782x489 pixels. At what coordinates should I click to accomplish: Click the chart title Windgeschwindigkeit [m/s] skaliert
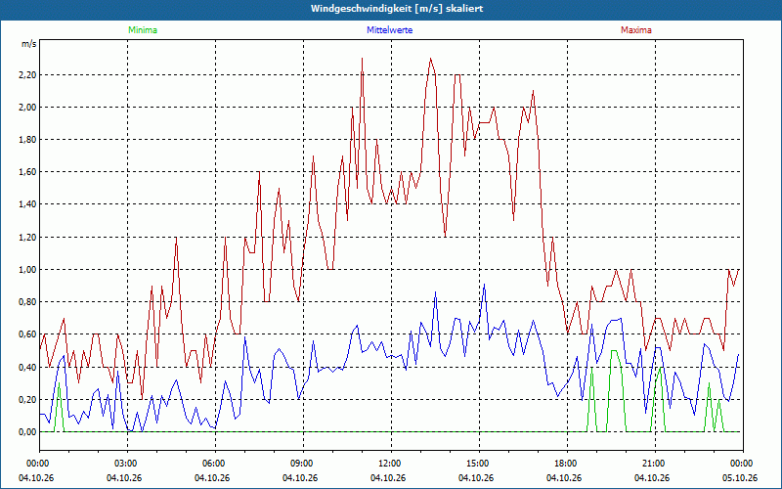tap(397, 9)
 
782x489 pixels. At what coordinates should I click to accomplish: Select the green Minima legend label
tap(143, 30)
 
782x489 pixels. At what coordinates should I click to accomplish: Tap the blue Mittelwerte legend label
tap(389, 30)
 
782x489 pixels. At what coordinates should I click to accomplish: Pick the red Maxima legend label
tap(636, 30)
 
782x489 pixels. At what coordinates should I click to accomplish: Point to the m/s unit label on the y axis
tap(29, 44)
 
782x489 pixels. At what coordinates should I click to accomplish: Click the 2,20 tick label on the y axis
tap(28, 75)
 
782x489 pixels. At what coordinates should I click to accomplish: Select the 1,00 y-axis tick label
tap(28, 270)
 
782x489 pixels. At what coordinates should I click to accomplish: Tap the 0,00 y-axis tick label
tap(28, 431)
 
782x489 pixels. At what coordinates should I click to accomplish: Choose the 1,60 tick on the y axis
tap(28, 172)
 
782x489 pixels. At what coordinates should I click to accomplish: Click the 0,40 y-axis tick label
tap(28, 368)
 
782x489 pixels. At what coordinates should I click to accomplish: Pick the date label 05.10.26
tap(740, 477)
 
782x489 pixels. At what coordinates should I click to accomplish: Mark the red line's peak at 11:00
tap(362, 59)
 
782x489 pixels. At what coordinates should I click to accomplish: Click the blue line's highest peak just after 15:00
tap(484, 285)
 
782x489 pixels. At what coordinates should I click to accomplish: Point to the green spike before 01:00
tap(59, 383)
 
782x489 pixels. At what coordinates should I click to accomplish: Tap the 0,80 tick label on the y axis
tap(28, 302)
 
